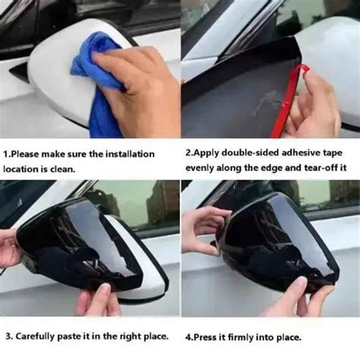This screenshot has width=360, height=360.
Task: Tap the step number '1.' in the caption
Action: (7, 153)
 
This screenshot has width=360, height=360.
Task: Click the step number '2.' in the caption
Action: (189, 153)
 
